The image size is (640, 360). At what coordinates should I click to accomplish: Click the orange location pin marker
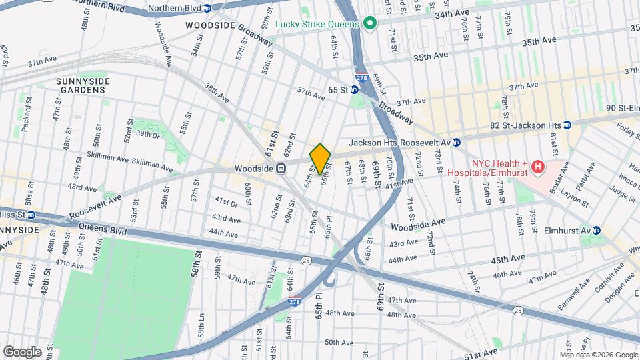pos(321,159)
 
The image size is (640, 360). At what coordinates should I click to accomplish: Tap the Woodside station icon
pos(281,169)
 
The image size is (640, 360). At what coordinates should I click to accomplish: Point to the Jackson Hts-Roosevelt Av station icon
pos(457,142)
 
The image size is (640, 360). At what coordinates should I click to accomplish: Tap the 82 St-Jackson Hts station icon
pos(567,125)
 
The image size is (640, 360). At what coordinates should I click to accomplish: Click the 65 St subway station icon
pos(355,89)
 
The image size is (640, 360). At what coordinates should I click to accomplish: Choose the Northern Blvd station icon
pos(207,8)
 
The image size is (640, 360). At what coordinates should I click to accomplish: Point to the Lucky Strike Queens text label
pos(317,24)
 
